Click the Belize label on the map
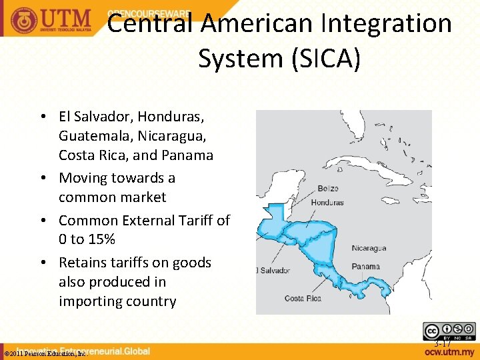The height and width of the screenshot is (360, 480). pos(328,189)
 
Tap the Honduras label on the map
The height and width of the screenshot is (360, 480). pos(327,202)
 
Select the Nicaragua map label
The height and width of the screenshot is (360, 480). pos(369,249)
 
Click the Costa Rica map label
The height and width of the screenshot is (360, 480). pos(303,298)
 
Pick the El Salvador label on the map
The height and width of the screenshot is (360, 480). pos(271,270)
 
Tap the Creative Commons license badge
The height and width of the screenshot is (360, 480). pos(449,331)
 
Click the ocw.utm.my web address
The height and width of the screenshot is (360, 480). pos(450,351)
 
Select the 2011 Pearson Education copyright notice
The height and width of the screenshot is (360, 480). pos(45,354)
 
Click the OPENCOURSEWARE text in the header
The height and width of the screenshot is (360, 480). pos(148,13)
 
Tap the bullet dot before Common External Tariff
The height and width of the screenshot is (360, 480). pos(43,220)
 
